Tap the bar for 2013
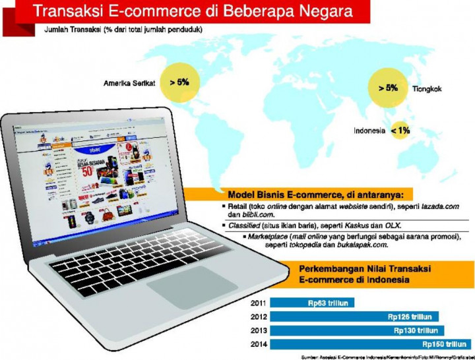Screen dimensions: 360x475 357,330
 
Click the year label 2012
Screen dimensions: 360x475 260,317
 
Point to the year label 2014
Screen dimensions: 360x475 260,344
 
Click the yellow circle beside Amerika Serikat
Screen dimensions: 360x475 179,83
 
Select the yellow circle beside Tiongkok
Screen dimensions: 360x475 387,88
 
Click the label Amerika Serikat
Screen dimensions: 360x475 129,84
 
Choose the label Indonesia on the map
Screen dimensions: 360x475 369,131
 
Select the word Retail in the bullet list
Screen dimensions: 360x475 239,206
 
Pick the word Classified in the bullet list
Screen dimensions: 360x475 241,225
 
